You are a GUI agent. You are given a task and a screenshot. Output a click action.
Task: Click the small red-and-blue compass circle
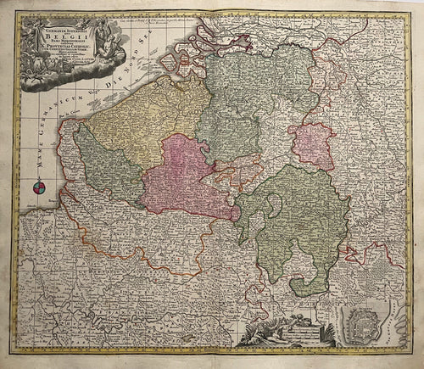coord(39,189)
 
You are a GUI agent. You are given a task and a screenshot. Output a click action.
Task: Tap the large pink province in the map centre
coord(187,174)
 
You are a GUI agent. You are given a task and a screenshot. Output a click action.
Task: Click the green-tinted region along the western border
coord(102,161)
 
